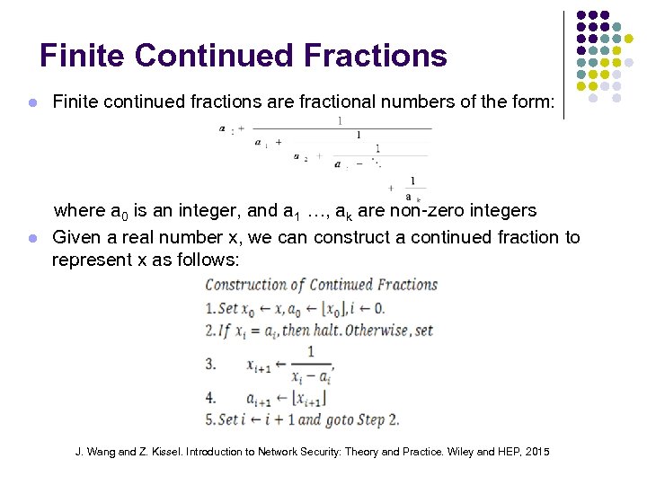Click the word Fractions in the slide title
coord(376,56)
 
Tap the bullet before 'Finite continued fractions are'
coord(32,102)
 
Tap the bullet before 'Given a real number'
coord(32,239)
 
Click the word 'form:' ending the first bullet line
coord(533,101)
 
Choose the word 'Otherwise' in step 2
coord(394,330)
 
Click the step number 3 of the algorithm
coord(210,365)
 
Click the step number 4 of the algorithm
coord(210,396)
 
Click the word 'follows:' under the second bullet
coord(209,260)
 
